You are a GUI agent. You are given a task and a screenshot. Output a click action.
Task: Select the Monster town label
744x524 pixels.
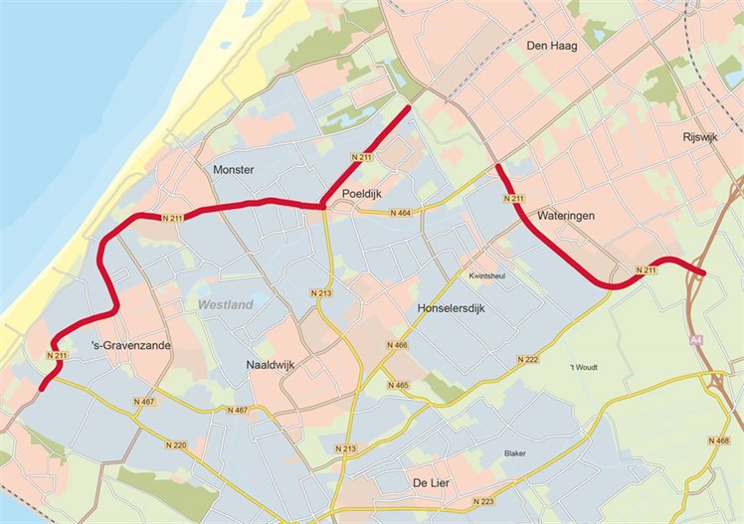click(234, 170)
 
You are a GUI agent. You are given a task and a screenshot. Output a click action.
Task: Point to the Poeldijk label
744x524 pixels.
click(363, 193)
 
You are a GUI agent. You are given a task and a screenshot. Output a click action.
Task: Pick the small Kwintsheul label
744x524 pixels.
click(487, 276)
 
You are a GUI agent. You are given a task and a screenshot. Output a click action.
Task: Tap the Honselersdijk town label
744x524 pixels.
click(461, 310)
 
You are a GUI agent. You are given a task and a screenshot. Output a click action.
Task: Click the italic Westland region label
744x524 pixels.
click(225, 305)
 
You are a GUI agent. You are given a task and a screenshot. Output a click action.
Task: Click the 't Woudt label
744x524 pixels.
click(585, 368)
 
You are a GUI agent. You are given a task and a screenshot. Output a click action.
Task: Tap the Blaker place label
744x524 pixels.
click(515, 453)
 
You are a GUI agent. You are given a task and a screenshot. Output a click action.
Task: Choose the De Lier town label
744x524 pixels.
click(433, 482)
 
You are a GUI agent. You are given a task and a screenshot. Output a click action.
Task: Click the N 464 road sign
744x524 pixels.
click(400, 213)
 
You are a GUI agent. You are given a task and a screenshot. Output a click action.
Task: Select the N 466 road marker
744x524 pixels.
click(397, 345)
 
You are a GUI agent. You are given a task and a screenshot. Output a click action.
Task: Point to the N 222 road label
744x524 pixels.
click(528, 359)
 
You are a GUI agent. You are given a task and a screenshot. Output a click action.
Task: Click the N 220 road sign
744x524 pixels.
click(176, 444)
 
